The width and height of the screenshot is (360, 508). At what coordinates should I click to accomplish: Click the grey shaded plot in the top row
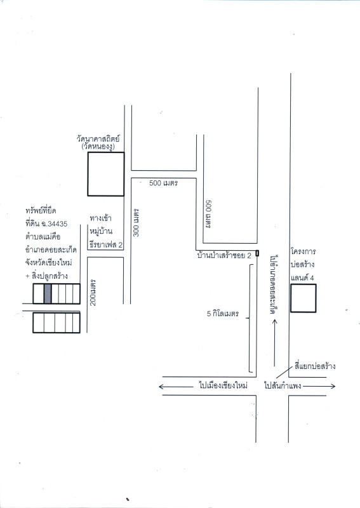48,293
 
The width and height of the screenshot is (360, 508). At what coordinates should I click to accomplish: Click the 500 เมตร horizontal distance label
164,183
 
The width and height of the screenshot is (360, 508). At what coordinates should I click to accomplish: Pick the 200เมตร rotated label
93,292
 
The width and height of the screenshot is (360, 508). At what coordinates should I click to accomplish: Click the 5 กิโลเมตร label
223,314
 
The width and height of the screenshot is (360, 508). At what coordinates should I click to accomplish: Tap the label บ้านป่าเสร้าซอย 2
224,255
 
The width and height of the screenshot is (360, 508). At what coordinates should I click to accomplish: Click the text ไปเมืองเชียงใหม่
223,385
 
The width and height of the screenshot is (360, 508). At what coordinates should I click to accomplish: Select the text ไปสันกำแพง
283,386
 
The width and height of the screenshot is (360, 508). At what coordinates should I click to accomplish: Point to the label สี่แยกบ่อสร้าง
315,366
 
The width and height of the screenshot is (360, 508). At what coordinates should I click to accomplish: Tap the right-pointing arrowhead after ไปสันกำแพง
333,386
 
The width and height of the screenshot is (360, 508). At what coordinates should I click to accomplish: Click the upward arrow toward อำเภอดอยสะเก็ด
275,343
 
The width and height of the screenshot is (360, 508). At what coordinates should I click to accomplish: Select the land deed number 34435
57,224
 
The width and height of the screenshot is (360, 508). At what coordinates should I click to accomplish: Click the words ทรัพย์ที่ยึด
41,211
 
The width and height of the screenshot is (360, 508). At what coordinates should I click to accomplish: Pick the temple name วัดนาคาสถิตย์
98,139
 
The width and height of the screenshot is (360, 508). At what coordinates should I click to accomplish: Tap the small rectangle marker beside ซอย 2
257,253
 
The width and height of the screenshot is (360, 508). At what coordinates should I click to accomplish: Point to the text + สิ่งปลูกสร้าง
46,276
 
